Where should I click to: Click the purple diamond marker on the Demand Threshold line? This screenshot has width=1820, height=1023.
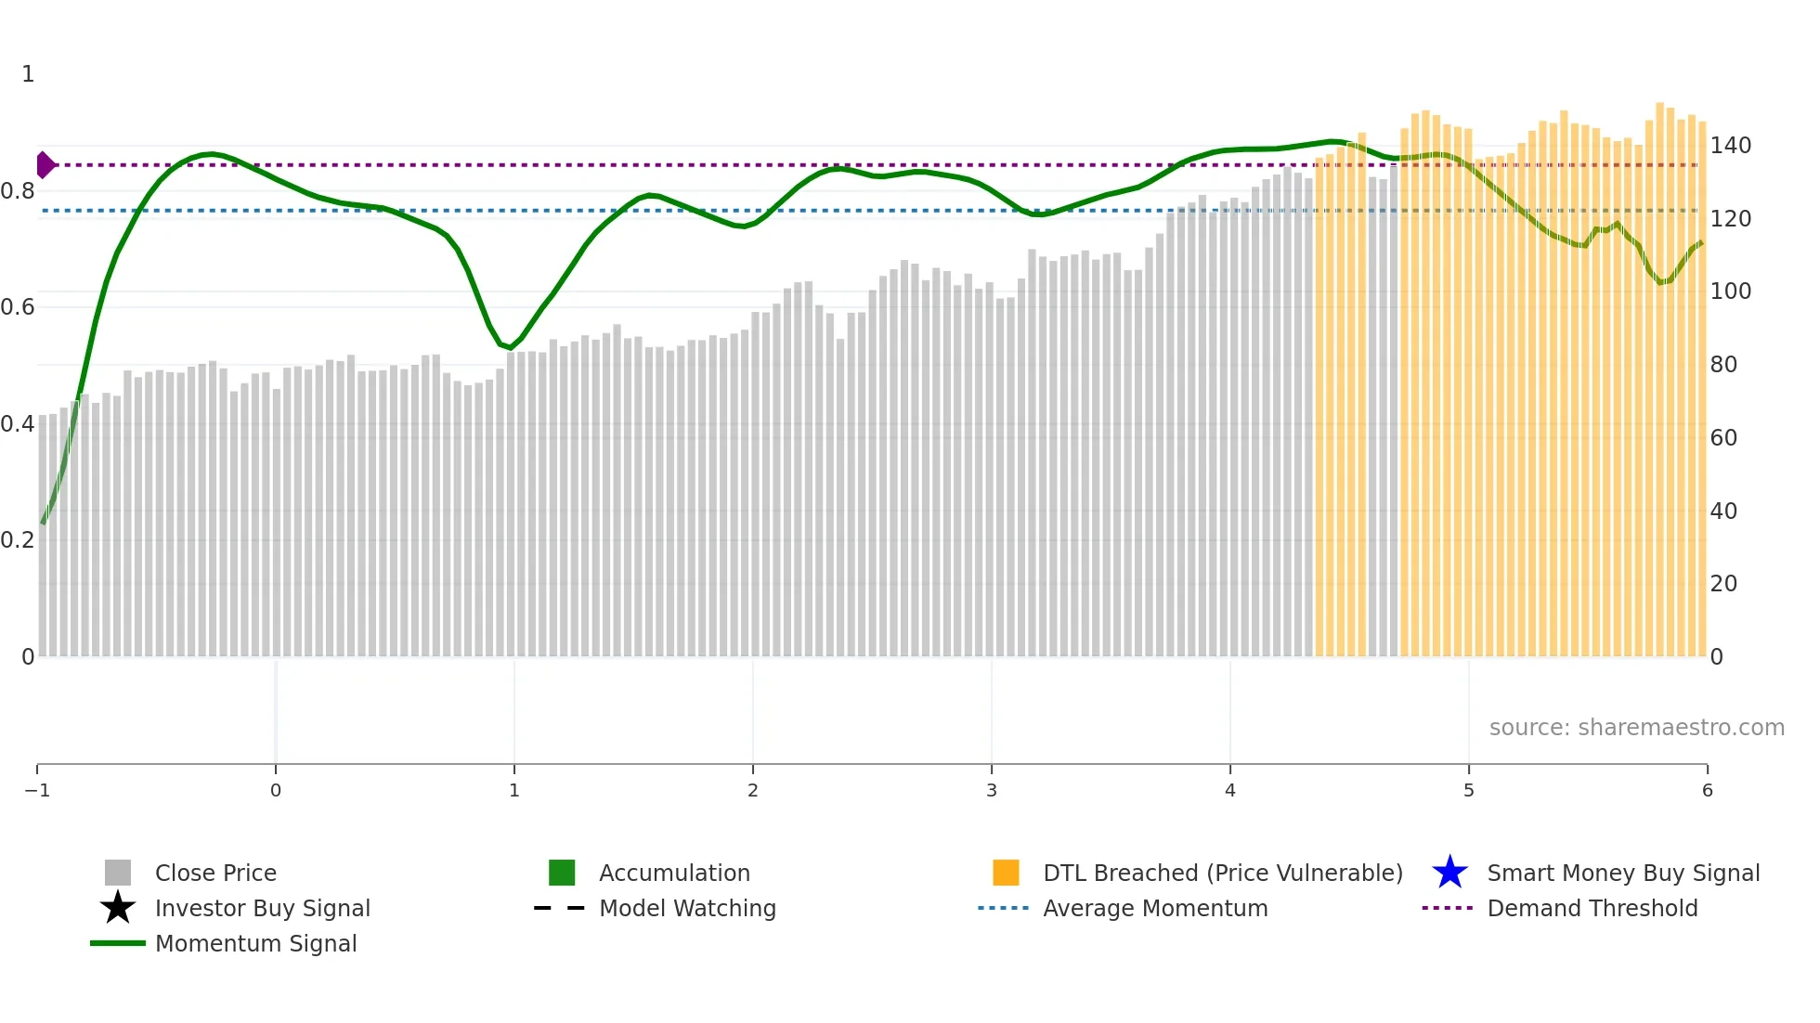(45, 165)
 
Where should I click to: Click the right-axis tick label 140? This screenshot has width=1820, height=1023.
(1730, 146)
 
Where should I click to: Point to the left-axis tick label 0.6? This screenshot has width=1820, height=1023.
(18, 307)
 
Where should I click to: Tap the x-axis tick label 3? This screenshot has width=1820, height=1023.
(991, 790)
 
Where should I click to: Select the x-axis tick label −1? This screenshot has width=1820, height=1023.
(37, 790)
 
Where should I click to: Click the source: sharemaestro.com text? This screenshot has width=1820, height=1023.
(1636, 728)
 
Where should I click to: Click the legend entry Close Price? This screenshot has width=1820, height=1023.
(214, 874)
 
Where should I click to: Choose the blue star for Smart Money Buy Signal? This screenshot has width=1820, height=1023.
(1449, 873)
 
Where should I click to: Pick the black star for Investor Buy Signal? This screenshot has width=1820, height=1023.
(118, 908)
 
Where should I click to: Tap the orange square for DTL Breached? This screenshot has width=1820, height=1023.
(1006, 873)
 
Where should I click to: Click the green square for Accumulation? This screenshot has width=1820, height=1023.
(562, 873)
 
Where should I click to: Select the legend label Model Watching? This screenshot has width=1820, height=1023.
(687, 909)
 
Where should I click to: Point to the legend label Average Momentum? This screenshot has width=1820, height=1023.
(1155, 909)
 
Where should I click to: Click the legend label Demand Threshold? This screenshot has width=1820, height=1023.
(1592, 909)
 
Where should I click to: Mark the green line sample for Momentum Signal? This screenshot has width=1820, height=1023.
(118, 943)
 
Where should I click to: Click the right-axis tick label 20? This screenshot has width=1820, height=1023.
(1723, 584)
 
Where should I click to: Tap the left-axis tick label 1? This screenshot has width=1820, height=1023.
(28, 74)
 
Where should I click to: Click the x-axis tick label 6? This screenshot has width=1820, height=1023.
(1707, 790)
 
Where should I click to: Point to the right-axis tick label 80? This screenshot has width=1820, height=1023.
(1723, 365)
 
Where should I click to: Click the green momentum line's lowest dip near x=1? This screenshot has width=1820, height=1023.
(511, 348)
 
